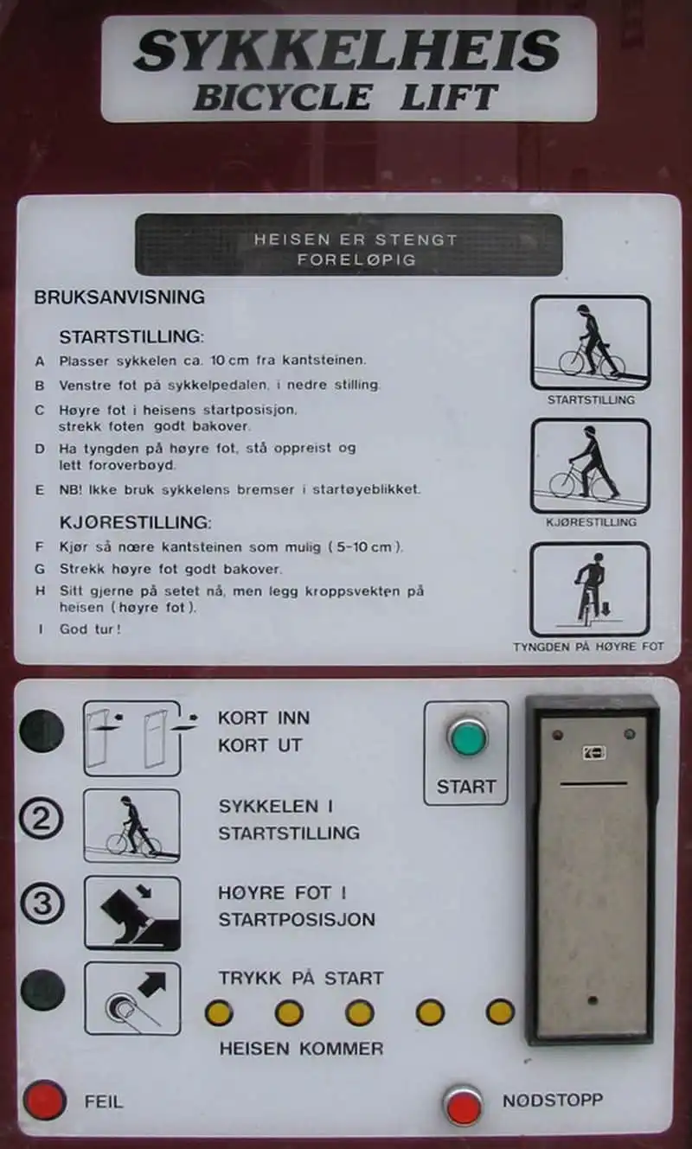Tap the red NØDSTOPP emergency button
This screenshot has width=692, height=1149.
(x=464, y=1107)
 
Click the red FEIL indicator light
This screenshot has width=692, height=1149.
(x=45, y=1101)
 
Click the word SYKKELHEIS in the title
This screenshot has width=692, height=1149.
(x=347, y=50)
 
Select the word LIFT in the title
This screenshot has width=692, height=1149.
(x=449, y=97)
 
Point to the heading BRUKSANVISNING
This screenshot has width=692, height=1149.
(x=119, y=297)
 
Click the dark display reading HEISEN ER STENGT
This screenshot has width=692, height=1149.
(x=349, y=245)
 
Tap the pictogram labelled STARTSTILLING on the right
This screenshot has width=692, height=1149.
(x=590, y=342)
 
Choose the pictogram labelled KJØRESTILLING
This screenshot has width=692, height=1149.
(x=590, y=466)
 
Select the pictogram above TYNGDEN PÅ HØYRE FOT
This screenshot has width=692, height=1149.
(x=590, y=590)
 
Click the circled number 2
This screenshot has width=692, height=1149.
(x=42, y=819)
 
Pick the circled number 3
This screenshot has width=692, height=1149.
(x=42, y=903)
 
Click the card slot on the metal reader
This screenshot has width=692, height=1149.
(x=594, y=784)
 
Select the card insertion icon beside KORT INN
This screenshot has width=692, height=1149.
(x=132, y=738)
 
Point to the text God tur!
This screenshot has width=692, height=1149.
(x=90, y=629)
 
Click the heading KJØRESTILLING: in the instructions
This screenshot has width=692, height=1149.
(x=135, y=523)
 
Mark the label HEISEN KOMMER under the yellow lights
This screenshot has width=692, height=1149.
(x=301, y=1049)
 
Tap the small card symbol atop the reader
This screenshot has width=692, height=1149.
(x=594, y=753)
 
